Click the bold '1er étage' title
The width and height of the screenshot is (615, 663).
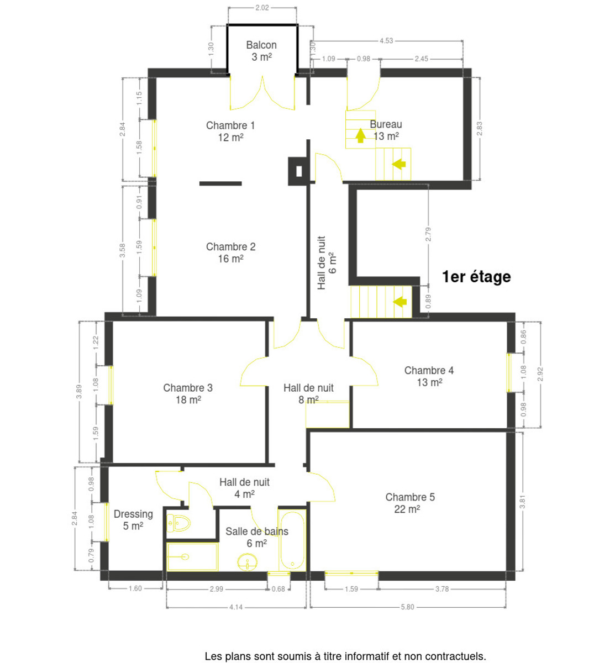476,277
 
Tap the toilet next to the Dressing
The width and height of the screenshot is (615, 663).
178,523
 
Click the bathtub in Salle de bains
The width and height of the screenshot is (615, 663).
292,541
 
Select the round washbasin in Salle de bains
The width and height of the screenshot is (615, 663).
247,563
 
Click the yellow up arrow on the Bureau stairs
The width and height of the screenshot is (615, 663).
360,135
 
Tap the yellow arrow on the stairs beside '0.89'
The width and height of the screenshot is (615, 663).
400,302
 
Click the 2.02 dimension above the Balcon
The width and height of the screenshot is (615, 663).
262,8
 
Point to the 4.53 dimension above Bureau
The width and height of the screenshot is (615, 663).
386,41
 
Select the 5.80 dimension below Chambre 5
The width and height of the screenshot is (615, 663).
407,607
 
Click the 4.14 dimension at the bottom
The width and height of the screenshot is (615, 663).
236,607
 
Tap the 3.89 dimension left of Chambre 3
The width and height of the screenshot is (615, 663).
79,392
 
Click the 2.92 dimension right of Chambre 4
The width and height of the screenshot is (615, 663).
540,374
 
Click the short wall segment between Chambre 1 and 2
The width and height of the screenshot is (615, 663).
220,183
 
